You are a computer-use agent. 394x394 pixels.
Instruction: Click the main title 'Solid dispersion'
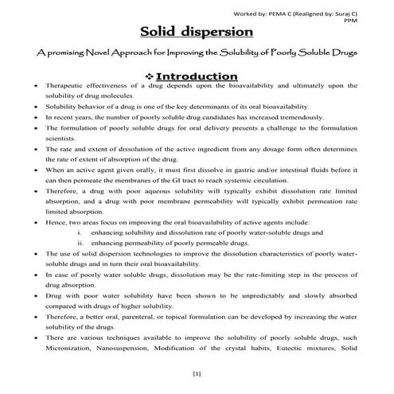tap(197, 33)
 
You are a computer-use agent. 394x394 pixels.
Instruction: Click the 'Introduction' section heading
tap(202, 76)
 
